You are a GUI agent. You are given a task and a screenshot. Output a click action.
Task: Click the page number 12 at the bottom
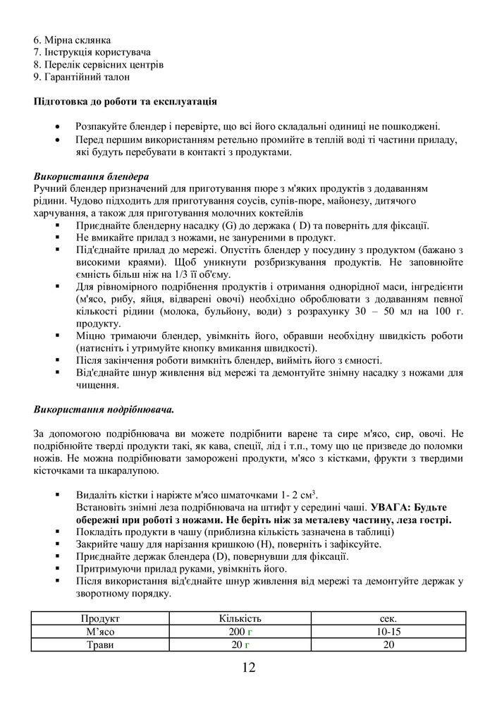(248, 668)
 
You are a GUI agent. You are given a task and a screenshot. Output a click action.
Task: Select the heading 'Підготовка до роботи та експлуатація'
(125, 102)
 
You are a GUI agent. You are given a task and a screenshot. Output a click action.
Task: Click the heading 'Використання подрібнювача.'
(104, 409)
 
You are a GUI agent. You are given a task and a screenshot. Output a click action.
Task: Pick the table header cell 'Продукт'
(100, 618)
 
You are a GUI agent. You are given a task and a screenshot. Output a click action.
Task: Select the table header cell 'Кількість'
(240, 618)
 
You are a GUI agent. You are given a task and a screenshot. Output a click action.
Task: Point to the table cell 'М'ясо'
(100, 632)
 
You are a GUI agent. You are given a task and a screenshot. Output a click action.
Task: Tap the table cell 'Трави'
(100, 645)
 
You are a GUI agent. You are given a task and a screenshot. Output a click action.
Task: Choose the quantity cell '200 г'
(240, 632)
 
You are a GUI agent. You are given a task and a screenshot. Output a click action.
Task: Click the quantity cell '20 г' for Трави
(240, 645)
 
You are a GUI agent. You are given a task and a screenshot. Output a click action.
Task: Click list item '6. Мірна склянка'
(72, 40)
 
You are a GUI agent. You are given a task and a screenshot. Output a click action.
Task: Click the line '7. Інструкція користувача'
(92, 52)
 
